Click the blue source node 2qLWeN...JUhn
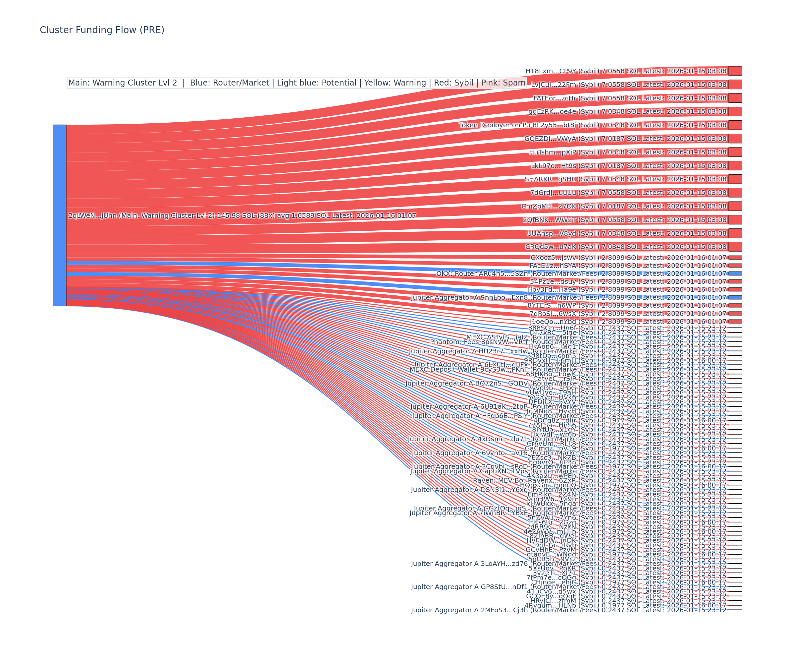click(59, 215)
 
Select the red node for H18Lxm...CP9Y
click(735, 71)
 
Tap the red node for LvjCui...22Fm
click(735, 85)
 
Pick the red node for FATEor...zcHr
click(735, 98)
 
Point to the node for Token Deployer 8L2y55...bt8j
click(735, 125)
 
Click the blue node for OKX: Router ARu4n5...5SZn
click(735, 273)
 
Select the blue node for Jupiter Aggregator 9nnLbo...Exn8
click(735, 297)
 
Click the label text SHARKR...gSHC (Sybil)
click(562, 179)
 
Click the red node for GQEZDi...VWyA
click(735, 139)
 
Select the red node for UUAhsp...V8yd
click(735, 233)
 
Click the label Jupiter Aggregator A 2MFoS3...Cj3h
click(469, 610)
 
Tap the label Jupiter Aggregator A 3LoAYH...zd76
click(469, 564)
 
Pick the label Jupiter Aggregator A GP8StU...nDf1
click(469, 587)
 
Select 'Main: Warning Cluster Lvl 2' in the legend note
click(123, 83)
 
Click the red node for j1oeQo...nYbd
click(735, 321)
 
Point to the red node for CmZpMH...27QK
click(735, 206)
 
